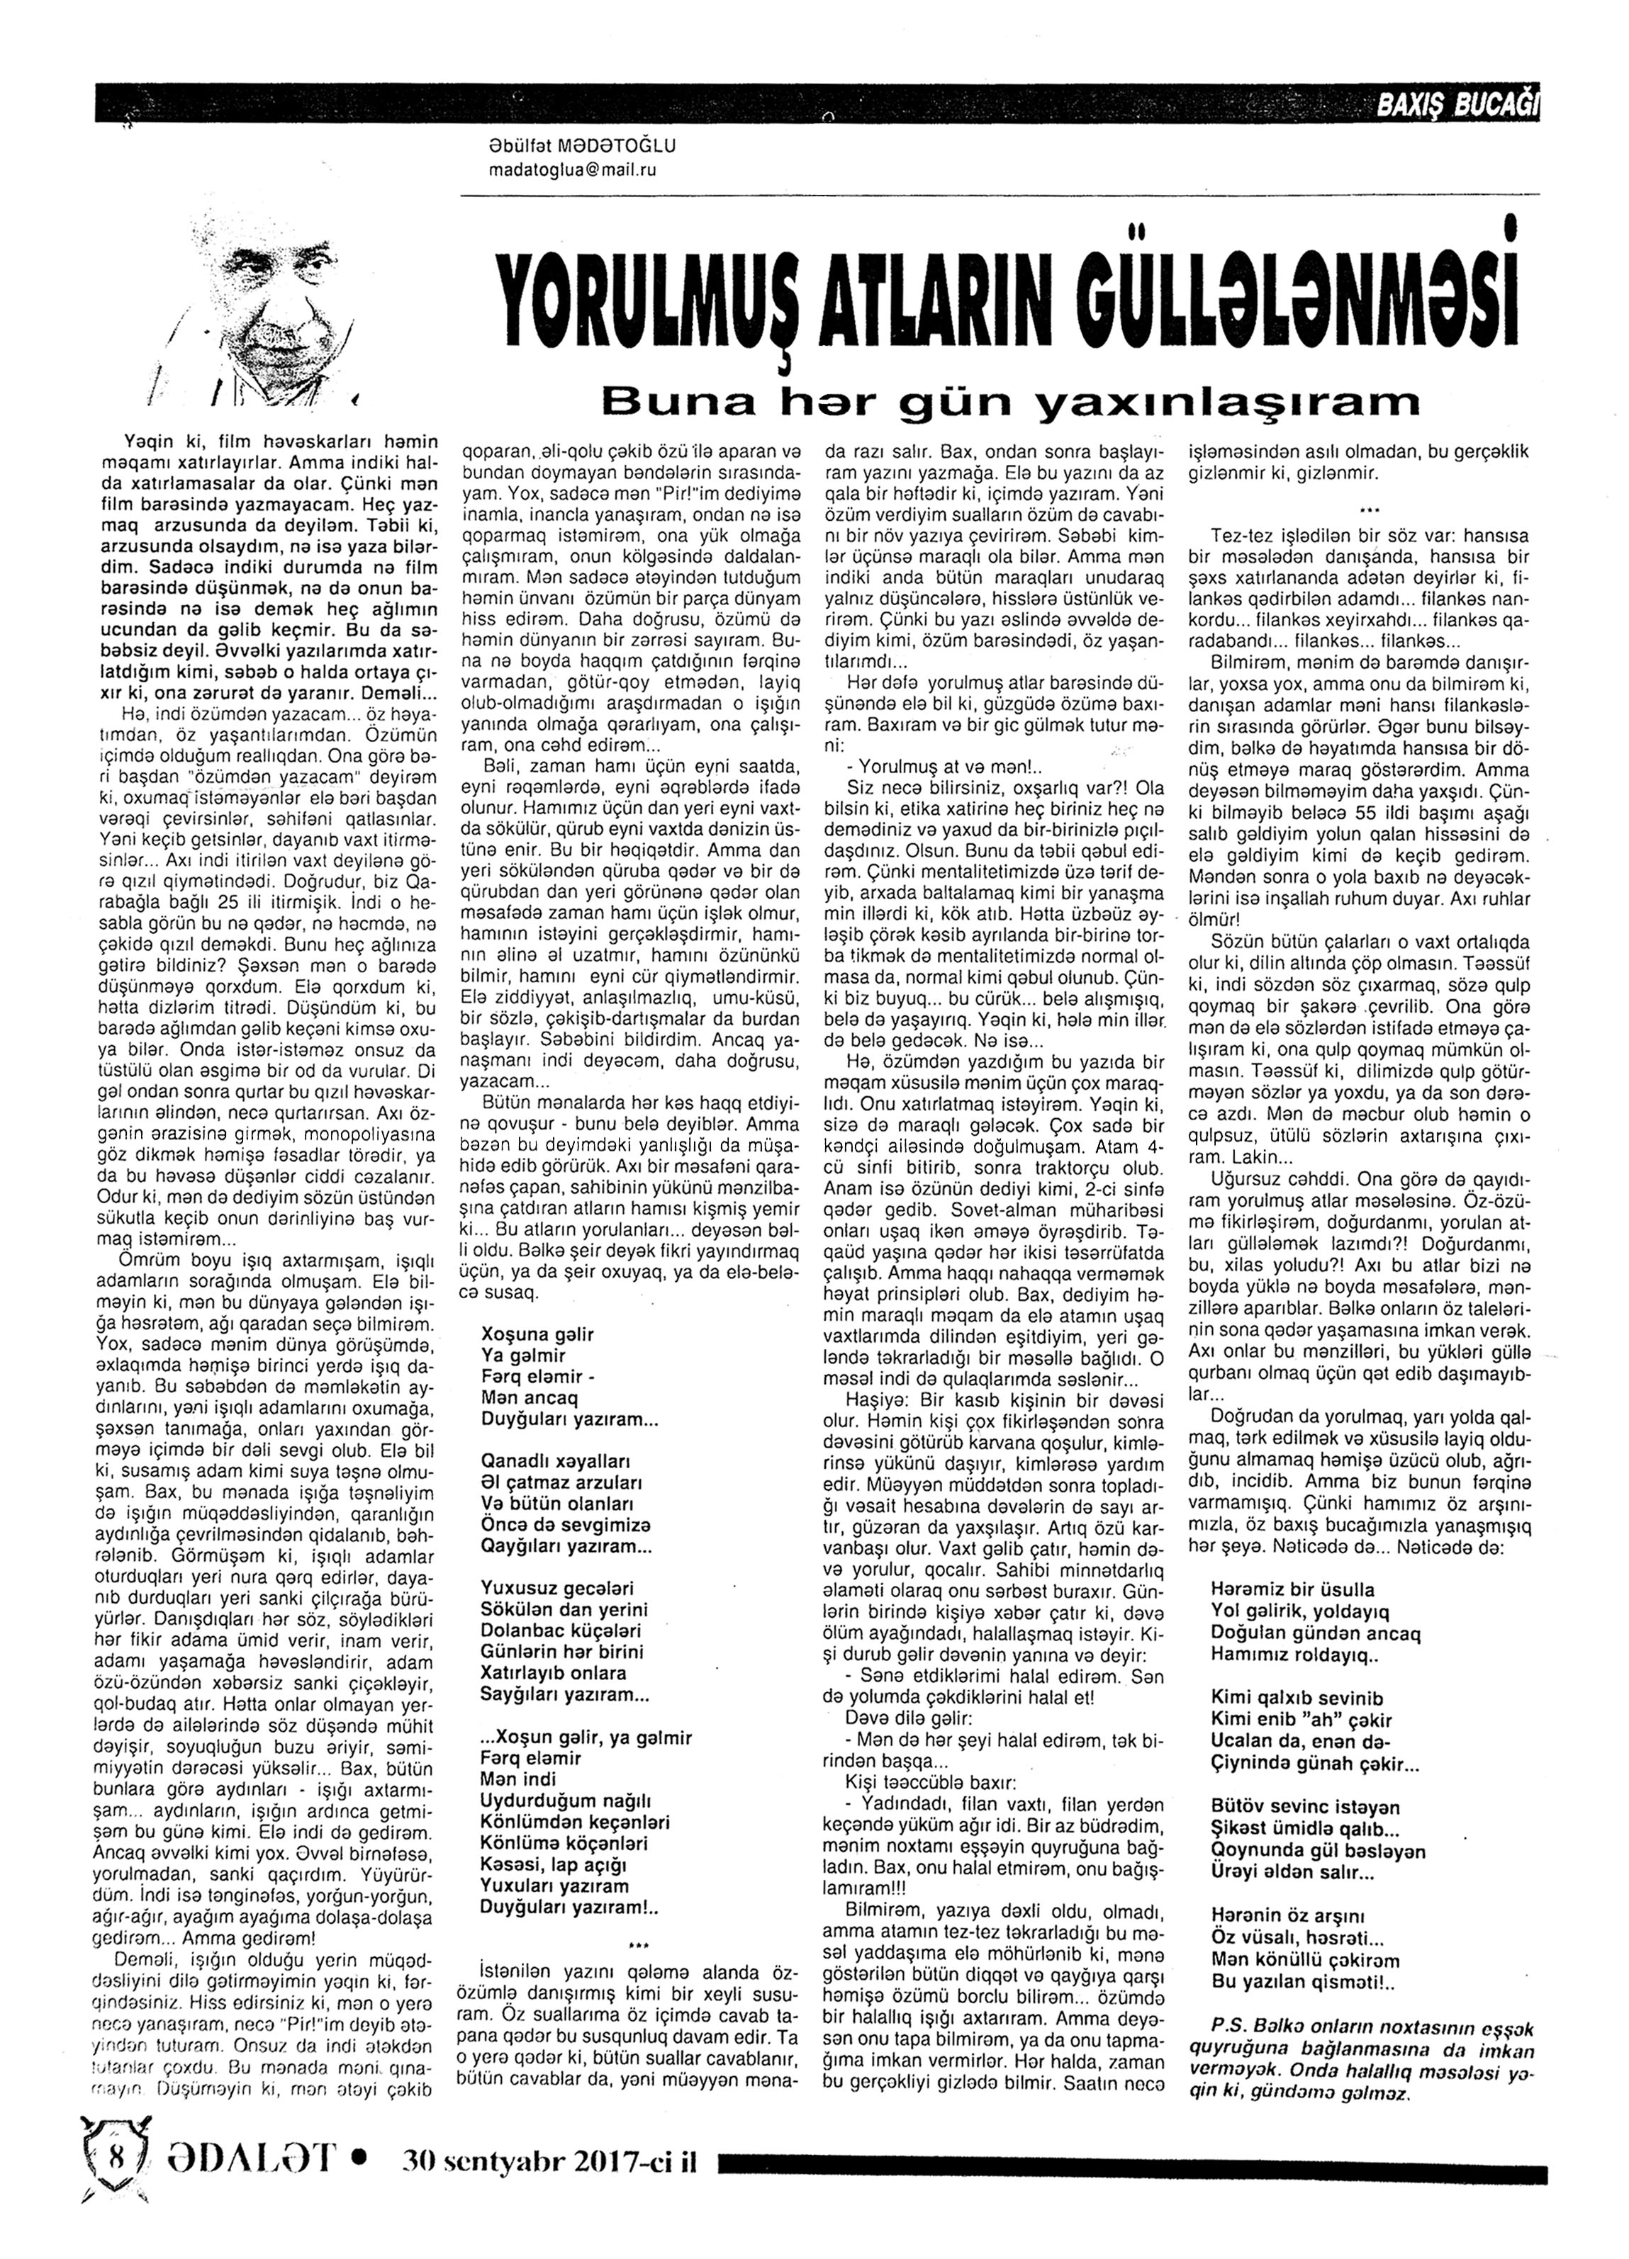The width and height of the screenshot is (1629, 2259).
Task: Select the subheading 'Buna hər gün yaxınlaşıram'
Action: coord(1009,400)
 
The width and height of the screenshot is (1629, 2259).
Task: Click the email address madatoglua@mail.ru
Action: coord(573,170)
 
